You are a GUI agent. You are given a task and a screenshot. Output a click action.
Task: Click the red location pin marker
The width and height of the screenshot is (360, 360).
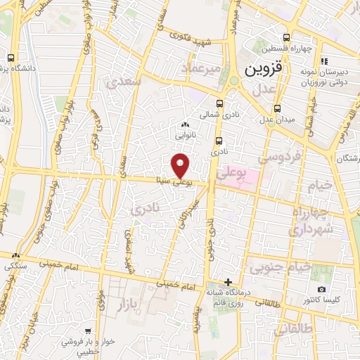point(181,165)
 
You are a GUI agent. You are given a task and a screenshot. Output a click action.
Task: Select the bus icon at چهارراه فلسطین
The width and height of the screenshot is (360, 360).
point(286,38)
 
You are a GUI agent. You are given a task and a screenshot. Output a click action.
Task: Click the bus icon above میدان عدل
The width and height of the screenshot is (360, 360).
point(278,108)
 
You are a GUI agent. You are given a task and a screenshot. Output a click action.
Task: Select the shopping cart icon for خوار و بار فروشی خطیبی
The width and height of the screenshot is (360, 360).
point(87,331)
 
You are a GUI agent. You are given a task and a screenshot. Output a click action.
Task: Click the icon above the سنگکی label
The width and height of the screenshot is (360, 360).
point(15,256)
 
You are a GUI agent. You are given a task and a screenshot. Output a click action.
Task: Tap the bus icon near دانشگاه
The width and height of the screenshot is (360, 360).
point(11,58)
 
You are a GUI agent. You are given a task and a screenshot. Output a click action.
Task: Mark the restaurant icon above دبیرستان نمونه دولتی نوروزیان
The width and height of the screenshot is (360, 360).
point(324,62)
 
